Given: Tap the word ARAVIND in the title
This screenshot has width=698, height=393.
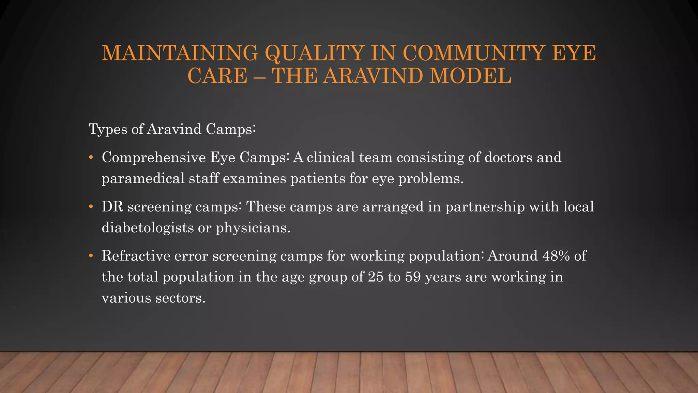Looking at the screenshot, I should click(x=374, y=76).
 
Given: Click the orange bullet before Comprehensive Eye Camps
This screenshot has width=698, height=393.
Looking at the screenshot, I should click(x=91, y=158).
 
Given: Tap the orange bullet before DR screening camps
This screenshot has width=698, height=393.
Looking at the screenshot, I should click(x=91, y=207).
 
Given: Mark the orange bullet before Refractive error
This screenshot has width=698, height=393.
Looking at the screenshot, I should click(x=91, y=256).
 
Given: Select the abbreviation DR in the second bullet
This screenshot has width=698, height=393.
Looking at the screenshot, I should click(x=112, y=207).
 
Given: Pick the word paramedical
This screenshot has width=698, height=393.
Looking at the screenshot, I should click(x=143, y=179).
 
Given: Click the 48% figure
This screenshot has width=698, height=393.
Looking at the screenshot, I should click(x=556, y=256).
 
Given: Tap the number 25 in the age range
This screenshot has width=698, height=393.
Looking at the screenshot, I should click(x=376, y=277).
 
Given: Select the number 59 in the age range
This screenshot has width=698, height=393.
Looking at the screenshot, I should click(x=413, y=277).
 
